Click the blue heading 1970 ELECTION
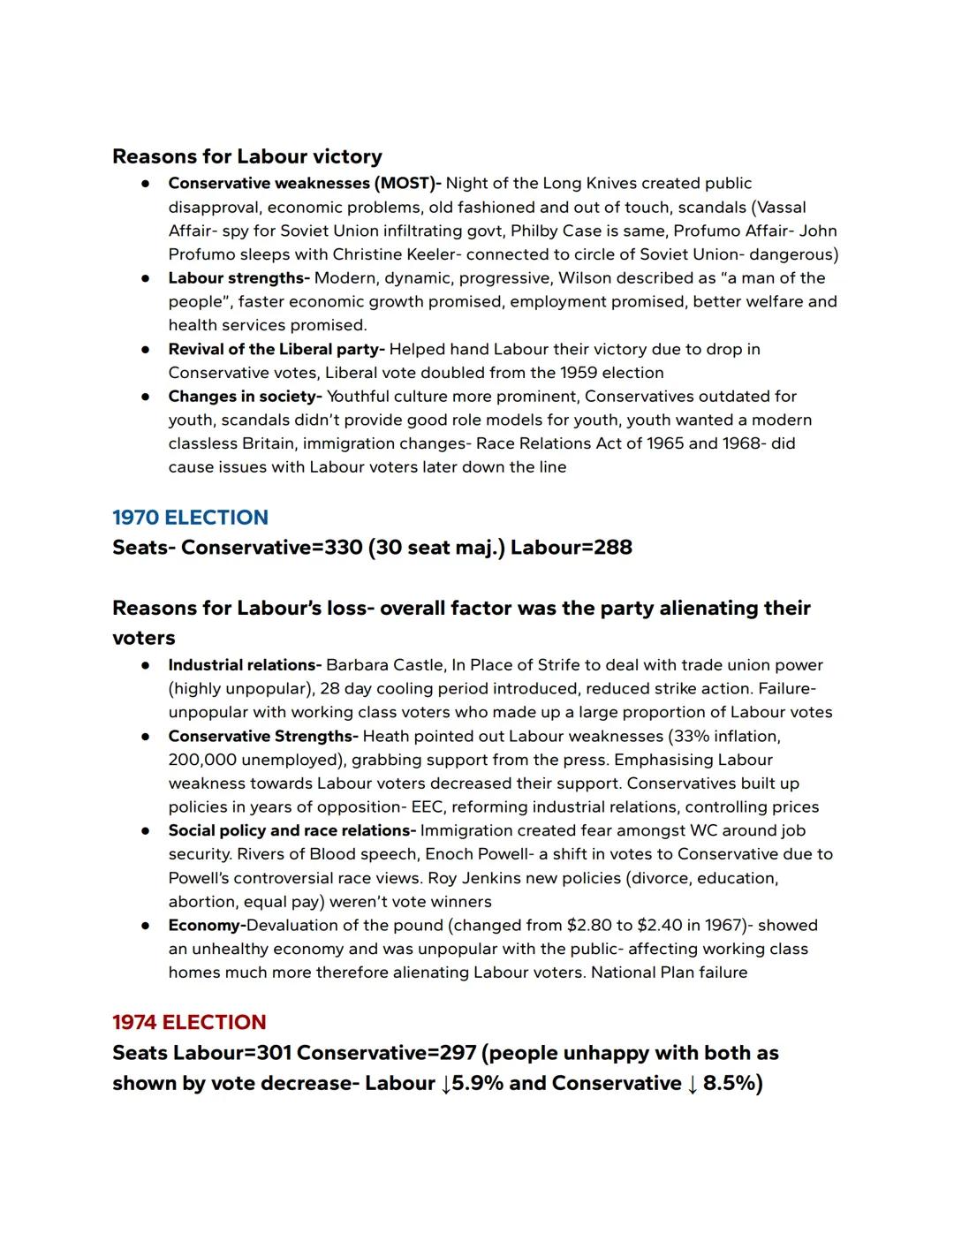click(x=190, y=518)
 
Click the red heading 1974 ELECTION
click(x=189, y=1022)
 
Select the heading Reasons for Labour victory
click(x=247, y=156)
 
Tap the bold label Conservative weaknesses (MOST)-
click(x=305, y=184)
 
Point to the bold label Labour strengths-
click(x=238, y=278)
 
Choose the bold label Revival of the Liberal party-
click(x=276, y=349)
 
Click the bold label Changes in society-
click(x=245, y=397)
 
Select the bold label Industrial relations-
click(x=245, y=665)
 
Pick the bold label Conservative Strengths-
click(x=263, y=736)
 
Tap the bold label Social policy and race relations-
click(x=291, y=830)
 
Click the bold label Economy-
click(x=207, y=925)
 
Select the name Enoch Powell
click(x=478, y=854)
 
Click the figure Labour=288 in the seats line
click(x=572, y=548)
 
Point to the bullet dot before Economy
click(x=144, y=926)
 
